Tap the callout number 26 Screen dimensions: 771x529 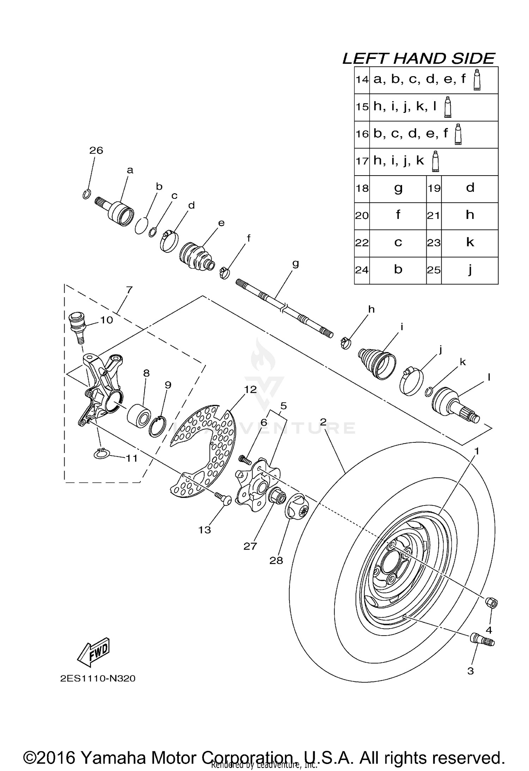point(96,151)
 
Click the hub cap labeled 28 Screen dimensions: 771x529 point(298,510)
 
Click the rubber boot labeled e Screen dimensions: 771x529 point(197,257)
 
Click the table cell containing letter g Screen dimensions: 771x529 point(398,189)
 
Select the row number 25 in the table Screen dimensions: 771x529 point(434,270)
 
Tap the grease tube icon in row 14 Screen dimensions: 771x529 point(477,80)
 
